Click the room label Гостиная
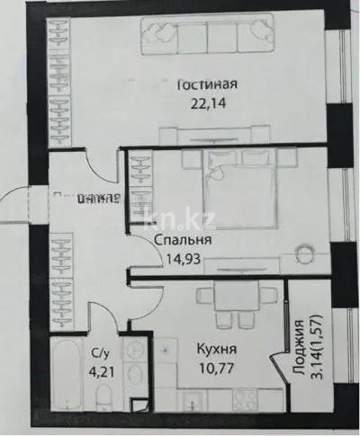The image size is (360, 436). tap(206, 85)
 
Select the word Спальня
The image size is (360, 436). tap(183, 241)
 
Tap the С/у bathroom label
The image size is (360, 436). tap(101, 352)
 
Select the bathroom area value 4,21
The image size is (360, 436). tap(101, 368)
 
